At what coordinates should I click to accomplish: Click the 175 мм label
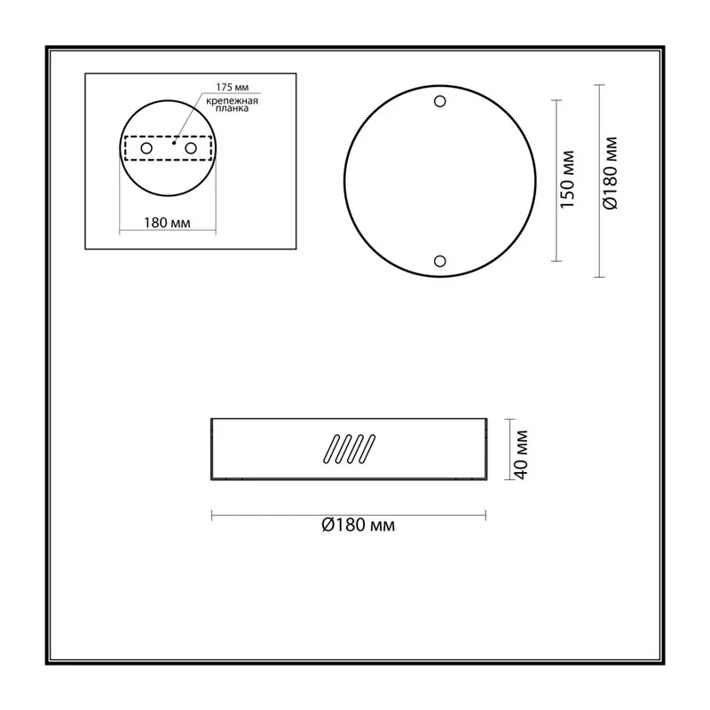(x=232, y=87)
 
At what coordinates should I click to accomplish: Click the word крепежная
(x=232, y=101)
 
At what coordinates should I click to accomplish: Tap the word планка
(x=232, y=108)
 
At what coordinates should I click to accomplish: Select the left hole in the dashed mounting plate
(x=146, y=148)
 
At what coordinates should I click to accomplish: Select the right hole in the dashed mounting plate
(x=191, y=148)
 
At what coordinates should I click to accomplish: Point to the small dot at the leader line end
(x=174, y=143)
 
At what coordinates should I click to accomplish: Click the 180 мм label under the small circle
(x=167, y=223)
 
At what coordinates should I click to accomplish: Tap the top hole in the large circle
(x=439, y=101)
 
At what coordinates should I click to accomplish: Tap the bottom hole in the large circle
(x=439, y=261)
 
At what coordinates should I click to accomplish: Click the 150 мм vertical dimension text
(x=567, y=179)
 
